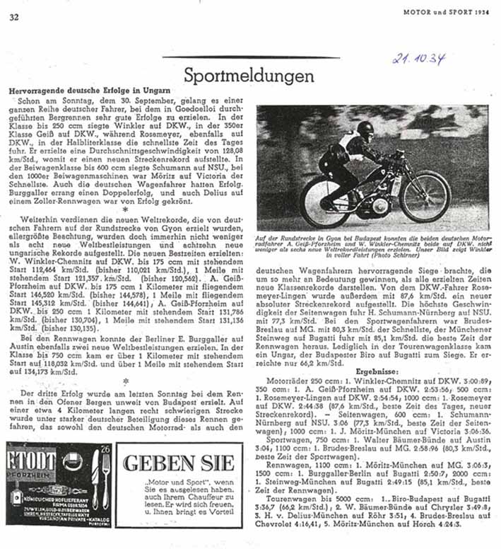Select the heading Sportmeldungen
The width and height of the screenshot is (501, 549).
pyautogui.click(x=249, y=75)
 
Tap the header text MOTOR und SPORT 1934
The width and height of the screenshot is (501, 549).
pyautogui.click(x=446, y=13)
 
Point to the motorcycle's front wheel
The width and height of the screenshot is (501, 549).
pyautogui.click(x=425, y=196)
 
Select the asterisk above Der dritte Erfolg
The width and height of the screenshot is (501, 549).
pyautogui.click(x=124, y=381)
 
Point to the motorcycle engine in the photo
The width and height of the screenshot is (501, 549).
pyautogui.click(x=379, y=203)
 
